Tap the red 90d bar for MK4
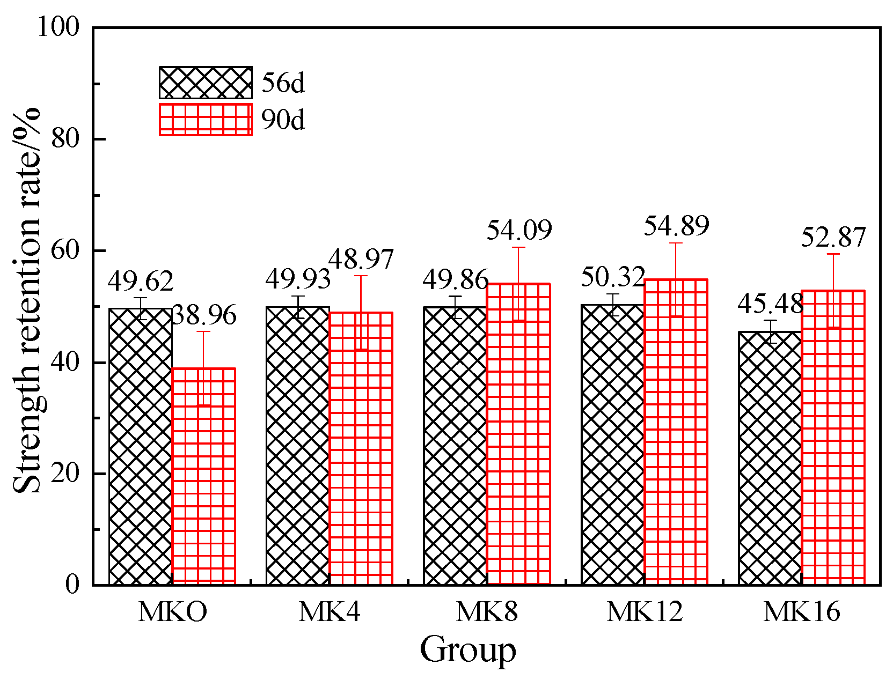(361, 448)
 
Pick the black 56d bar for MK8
(455, 446)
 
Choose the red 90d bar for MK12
(676, 432)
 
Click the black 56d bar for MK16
(770, 459)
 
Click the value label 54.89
(676, 226)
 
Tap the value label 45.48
(770, 305)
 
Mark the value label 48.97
(361, 260)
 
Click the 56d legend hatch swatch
(206, 83)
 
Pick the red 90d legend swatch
(206, 120)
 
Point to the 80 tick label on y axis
(65, 139)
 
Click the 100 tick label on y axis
(58, 27)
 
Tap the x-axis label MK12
(645, 612)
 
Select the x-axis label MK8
(487, 612)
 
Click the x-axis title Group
(467, 651)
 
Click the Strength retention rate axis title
(27, 300)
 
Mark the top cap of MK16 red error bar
(833, 254)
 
